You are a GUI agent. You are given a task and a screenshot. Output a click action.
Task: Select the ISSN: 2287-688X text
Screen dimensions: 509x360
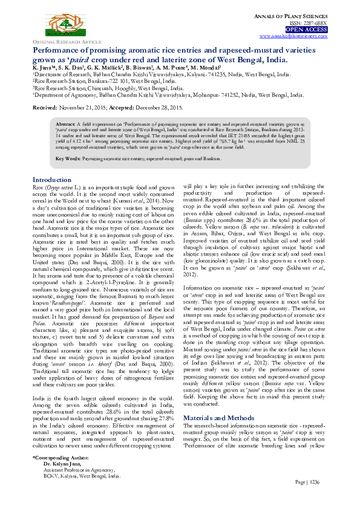[x=310, y=23]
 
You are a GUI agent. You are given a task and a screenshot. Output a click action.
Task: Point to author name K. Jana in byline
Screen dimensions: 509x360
[x=44, y=68]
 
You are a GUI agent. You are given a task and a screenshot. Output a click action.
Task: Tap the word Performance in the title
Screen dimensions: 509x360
[x=59, y=51]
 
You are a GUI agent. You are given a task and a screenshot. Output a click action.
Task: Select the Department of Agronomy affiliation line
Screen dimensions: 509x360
[x=157, y=95]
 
